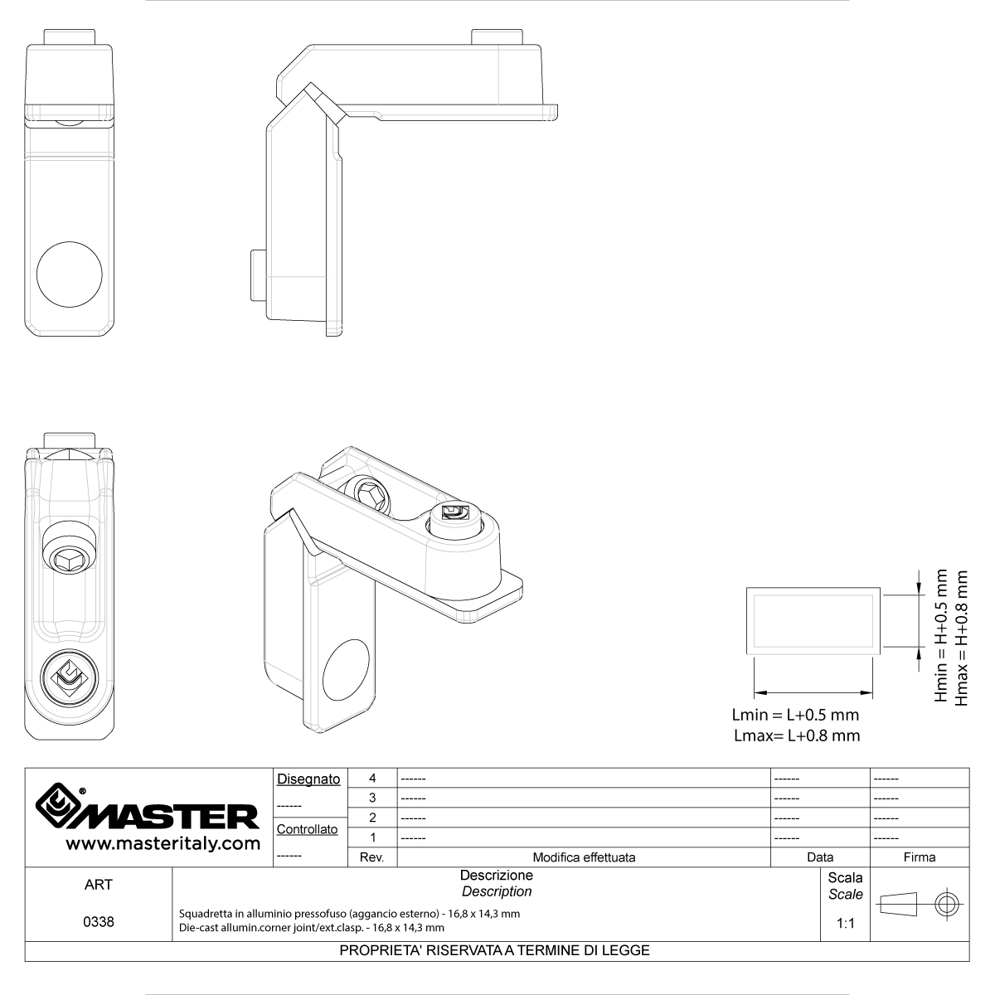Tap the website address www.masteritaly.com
[163, 844]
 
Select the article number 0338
[98, 922]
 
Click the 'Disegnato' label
[308, 779]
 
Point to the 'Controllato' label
[308, 829]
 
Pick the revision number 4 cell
[372, 778]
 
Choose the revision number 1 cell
[372, 837]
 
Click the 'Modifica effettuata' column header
[584, 857]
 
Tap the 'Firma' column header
[920, 857]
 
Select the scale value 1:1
[845, 923]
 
